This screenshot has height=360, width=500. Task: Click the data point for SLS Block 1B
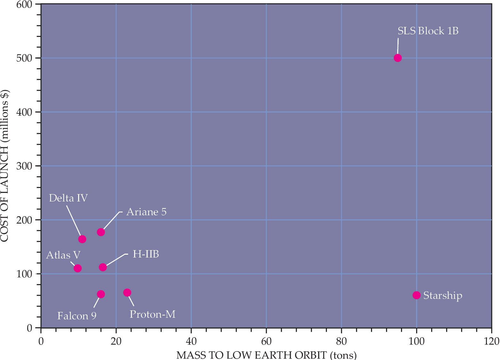(x=398, y=58)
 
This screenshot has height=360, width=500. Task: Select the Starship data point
(x=416, y=295)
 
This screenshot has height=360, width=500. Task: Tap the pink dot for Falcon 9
(x=101, y=294)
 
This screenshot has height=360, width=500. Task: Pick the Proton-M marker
(x=127, y=292)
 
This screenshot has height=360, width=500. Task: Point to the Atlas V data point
(x=77, y=268)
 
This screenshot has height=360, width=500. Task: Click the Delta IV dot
(x=82, y=239)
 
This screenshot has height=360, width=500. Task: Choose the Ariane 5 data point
(x=101, y=232)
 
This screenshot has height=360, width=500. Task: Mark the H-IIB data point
(x=103, y=267)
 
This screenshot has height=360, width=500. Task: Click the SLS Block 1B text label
(x=428, y=31)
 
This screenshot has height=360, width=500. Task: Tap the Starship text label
(x=443, y=295)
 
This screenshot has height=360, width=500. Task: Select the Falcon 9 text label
(x=77, y=316)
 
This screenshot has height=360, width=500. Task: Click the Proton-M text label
(x=152, y=314)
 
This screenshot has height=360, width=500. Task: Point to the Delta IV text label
(x=68, y=198)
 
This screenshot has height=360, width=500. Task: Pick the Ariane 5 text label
(x=146, y=212)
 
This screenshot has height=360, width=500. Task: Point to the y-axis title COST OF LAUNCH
(x=5, y=166)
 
